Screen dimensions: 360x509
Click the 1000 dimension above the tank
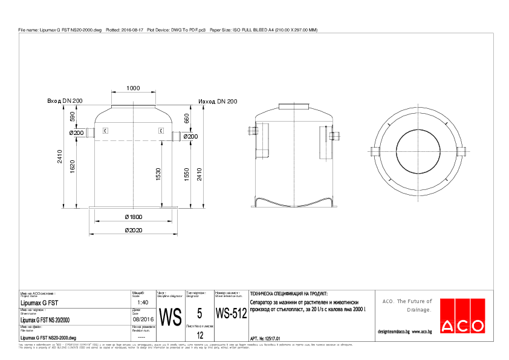pos(133,88)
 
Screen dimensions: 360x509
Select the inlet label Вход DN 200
pos(65,101)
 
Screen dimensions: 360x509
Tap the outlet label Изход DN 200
pos(218,101)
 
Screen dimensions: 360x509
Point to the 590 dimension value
pos(73,117)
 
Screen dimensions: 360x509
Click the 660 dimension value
pos(186,118)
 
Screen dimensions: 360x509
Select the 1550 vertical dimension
pos(187,174)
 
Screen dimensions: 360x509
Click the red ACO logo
pos(462,316)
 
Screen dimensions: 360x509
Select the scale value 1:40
pos(143,302)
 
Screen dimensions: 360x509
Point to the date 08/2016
pos(143,319)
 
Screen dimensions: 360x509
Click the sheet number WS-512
pos(231,314)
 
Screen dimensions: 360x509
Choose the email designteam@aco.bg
pos(394,332)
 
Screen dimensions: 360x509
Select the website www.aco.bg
pos(422,332)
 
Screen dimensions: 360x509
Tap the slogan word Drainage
pos(419,310)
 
